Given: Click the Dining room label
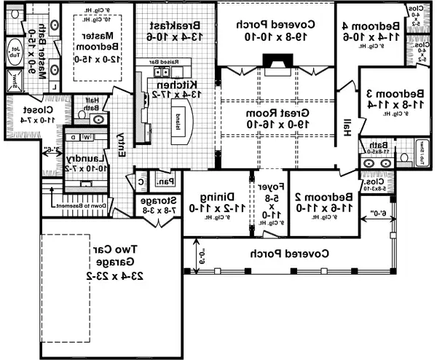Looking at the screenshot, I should (x=216, y=196).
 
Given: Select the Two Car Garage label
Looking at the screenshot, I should (x=109, y=258).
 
